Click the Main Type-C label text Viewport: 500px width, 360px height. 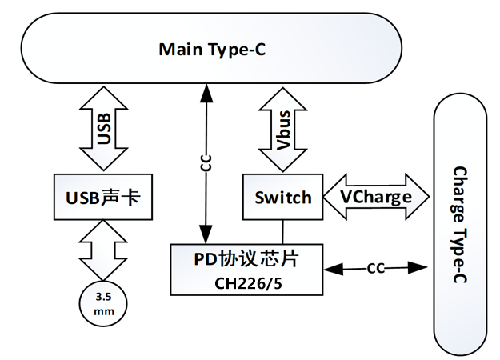pyautogui.click(x=212, y=50)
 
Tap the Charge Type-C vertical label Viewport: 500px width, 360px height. pyautogui.click(x=460, y=225)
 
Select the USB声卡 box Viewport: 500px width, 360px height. pyautogui.click(x=103, y=197)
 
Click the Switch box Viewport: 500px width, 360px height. pyautogui.click(x=283, y=197)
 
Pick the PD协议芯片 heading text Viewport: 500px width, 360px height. pyautogui.click(x=246, y=259)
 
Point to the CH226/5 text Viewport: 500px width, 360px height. pyautogui.click(x=249, y=283)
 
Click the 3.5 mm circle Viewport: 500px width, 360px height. pyautogui.click(x=103, y=304)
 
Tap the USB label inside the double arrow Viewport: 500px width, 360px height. pyautogui.click(x=104, y=129)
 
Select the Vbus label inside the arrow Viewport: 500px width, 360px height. pyautogui.click(x=283, y=130)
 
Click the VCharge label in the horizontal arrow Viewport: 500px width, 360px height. pyautogui.click(x=376, y=198)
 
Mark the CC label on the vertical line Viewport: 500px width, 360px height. pyautogui.click(x=206, y=163)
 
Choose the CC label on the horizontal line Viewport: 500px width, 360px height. pyautogui.click(x=376, y=269)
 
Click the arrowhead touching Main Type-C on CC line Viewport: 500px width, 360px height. pyautogui.click(x=206, y=93)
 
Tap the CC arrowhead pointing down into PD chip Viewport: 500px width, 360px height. pyautogui.click(x=206, y=234)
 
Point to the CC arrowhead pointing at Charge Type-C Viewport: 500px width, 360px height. pyautogui.click(x=418, y=268)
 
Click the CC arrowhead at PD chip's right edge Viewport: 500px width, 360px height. pyautogui.click(x=334, y=269)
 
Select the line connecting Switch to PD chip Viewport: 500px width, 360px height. pyautogui.click(x=282, y=232)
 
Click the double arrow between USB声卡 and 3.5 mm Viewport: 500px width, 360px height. pyautogui.click(x=103, y=250)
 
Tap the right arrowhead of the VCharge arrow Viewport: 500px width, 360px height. pyautogui.click(x=418, y=197)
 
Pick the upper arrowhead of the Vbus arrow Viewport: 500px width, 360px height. pyautogui.click(x=283, y=99)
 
